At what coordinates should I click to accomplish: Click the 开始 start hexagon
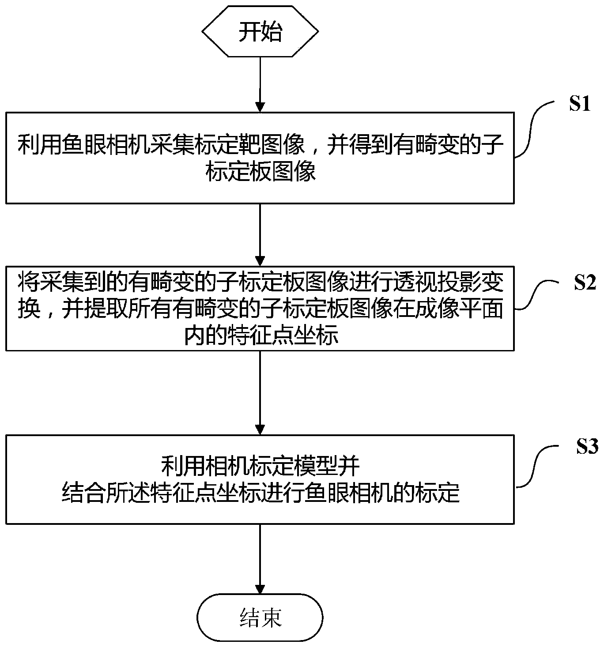click(x=260, y=32)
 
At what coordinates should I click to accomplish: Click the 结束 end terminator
click(x=260, y=617)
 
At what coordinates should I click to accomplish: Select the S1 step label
click(x=579, y=104)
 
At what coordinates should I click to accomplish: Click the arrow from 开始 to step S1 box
click(x=260, y=84)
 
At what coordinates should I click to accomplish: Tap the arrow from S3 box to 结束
click(x=260, y=558)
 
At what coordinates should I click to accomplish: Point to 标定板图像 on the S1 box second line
click(x=260, y=172)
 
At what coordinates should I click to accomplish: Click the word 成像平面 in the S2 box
click(x=459, y=309)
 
